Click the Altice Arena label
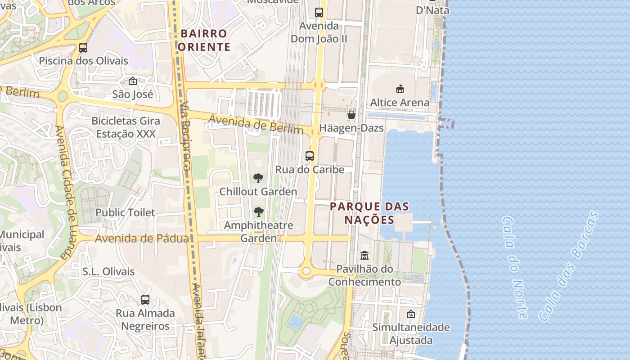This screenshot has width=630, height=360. (400, 103)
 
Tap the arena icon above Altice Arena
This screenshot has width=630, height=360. (400, 89)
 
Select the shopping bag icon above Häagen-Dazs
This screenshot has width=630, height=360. (351, 115)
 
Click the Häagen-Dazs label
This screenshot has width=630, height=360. (351, 128)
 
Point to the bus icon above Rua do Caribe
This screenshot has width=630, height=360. (310, 156)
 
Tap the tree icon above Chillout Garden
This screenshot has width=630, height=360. (258, 178)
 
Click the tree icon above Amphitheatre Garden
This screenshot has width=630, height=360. (258, 212)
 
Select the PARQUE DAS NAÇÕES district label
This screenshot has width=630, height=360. (369, 213)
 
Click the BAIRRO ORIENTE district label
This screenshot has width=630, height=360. (204, 40)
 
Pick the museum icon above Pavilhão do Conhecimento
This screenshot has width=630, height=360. (364, 256)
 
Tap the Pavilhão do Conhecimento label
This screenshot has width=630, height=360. (364, 275)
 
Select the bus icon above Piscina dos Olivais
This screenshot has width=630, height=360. (83, 47)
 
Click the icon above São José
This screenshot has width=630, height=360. (133, 81)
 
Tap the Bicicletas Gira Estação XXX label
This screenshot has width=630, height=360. (126, 127)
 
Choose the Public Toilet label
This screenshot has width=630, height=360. (125, 212)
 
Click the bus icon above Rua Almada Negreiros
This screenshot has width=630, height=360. (145, 300)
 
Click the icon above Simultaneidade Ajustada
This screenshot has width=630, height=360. (410, 314)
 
